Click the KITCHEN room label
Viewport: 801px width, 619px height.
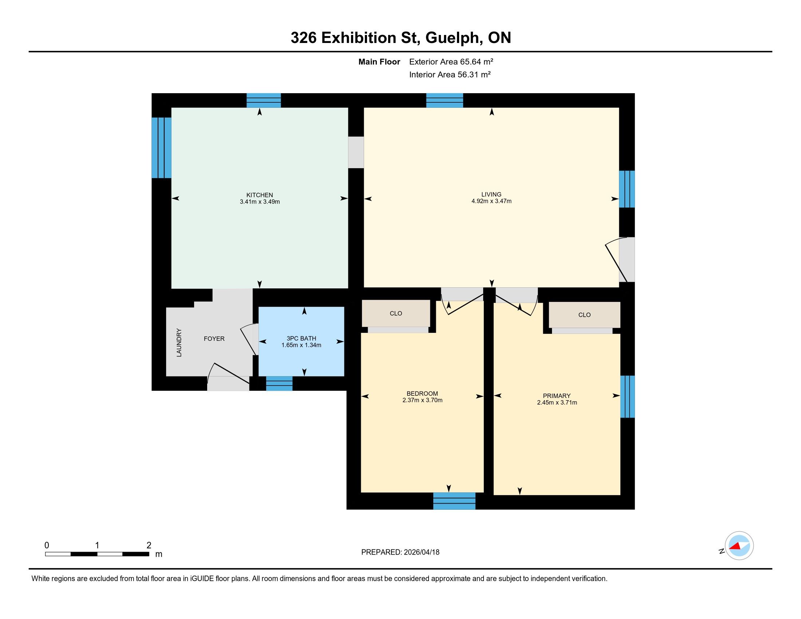pos(260,195)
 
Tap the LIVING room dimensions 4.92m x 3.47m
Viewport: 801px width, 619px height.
pos(492,201)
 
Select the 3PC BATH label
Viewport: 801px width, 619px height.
pos(301,339)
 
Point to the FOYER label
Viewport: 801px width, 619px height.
pos(214,339)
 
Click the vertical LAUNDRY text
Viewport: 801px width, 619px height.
pos(179,343)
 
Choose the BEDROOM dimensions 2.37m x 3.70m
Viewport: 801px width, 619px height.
pos(422,400)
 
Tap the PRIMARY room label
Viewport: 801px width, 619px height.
pos(557,396)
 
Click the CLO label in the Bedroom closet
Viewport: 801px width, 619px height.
pos(396,314)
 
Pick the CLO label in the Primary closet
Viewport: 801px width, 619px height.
pos(584,315)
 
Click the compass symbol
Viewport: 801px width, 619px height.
pos(739,546)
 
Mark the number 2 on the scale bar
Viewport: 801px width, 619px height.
pos(149,545)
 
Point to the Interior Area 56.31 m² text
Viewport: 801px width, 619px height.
pos(450,75)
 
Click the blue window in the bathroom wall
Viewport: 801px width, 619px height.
pos(279,383)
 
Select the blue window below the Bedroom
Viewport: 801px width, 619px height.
pos(454,501)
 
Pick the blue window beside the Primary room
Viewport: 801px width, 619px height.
pos(627,397)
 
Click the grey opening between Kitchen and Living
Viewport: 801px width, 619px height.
pos(356,153)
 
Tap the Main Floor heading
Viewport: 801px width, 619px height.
pos(379,62)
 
